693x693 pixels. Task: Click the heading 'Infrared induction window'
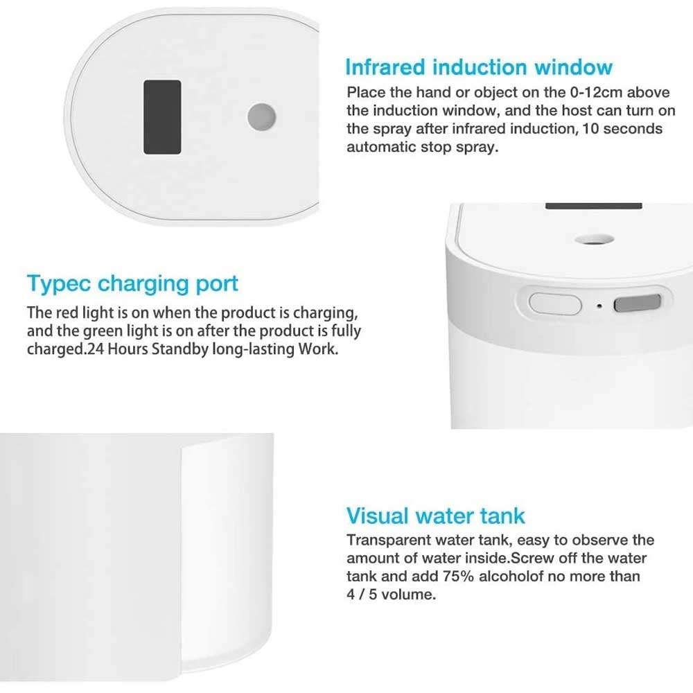pos(479,68)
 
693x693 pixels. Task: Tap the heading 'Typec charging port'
pos(132,284)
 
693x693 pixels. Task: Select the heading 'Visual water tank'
pos(436,516)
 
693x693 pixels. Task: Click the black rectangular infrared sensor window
pos(162,117)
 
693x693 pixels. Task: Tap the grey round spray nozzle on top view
pos(262,117)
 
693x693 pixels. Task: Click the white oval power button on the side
pos(555,304)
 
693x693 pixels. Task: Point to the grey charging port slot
pos(637,304)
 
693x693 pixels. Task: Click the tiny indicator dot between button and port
pos(599,306)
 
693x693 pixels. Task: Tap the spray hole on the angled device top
pos(595,240)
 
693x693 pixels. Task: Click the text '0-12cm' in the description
pos(596,92)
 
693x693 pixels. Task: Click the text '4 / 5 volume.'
pos(391,595)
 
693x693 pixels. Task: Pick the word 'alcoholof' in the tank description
pos(511,577)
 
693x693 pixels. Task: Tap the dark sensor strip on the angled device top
pos(594,206)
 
